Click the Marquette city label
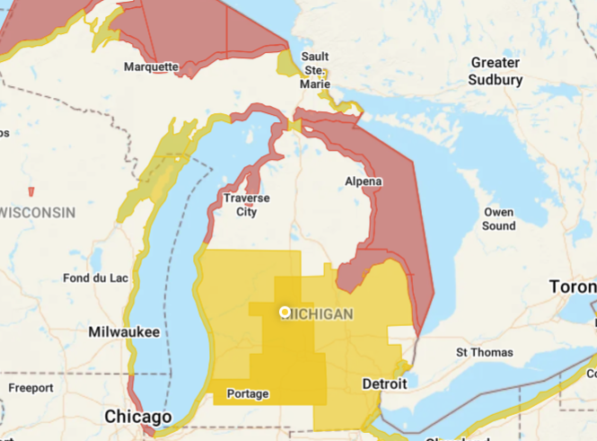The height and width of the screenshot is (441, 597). click(152, 66)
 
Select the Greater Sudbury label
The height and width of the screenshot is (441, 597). click(495, 71)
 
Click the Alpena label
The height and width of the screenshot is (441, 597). click(364, 181)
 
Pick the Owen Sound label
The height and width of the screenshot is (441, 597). click(498, 219)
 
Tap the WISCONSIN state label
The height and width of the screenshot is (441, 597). click(38, 212)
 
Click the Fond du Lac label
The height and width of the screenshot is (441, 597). click(96, 278)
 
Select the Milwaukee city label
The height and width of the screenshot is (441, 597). click(124, 332)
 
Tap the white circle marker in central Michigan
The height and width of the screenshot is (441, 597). click(285, 312)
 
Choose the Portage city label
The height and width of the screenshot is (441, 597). click(248, 393)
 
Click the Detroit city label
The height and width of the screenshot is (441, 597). click(384, 384)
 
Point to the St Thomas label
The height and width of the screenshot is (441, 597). click(485, 352)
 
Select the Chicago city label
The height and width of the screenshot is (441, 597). click(137, 418)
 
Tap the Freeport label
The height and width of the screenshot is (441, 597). click(31, 387)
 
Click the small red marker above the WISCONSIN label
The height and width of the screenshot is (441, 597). click(31, 191)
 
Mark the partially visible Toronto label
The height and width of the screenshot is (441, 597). click(574, 288)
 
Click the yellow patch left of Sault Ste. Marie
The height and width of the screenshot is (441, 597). click(287, 63)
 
